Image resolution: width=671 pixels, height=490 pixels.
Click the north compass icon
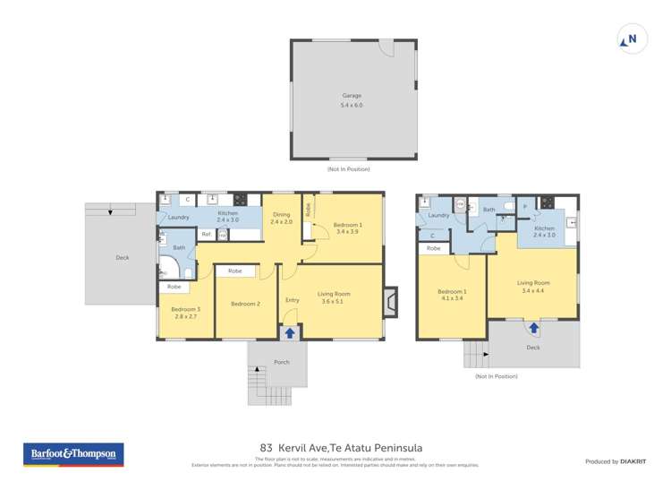click(632, 39)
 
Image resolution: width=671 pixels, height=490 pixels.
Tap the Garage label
click(352, 95)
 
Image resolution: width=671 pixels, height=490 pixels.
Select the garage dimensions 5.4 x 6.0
click(352, 106)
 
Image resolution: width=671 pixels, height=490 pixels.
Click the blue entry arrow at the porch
click(289, 333)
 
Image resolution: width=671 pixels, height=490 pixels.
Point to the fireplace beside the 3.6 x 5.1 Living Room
click(389, 302)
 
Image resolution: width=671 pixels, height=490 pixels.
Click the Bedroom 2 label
click(245, 304)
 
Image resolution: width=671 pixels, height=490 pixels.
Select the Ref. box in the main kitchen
click(206, 235)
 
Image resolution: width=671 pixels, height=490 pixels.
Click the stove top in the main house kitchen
click(240, 200)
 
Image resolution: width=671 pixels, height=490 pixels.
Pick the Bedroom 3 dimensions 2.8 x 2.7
click(186, 317)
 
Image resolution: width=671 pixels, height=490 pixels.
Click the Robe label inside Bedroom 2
click(234, 271)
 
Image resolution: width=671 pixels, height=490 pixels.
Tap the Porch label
click(281, 363)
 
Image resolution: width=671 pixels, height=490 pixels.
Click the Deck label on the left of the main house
click(122, 258)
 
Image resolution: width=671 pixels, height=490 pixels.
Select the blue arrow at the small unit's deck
click(533, 328)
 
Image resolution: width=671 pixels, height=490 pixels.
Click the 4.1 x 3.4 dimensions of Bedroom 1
click(451, 299)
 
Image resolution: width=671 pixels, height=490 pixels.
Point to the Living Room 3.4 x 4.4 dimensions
click(531, 291)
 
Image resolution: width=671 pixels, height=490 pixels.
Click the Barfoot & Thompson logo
click(73, 454)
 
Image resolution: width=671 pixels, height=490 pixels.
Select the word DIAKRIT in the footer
click(634, 461)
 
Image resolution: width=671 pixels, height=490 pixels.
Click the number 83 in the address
click(266, 447)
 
